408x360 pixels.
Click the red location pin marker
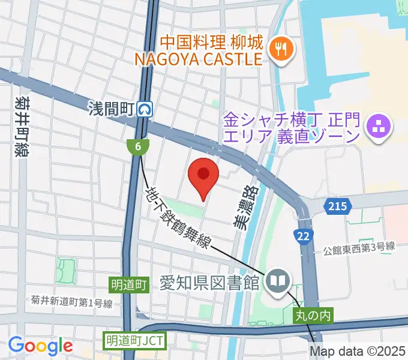pos(203,175)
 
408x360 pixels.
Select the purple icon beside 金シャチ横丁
pos(379,127)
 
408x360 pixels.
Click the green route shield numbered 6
pos(138,146)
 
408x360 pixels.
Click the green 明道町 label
pos(128,283)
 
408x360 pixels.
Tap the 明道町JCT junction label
pos(134,340)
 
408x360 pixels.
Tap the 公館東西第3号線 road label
pos(359,246)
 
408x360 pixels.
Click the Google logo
pos(41,346)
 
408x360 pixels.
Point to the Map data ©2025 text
pos(358,352)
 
